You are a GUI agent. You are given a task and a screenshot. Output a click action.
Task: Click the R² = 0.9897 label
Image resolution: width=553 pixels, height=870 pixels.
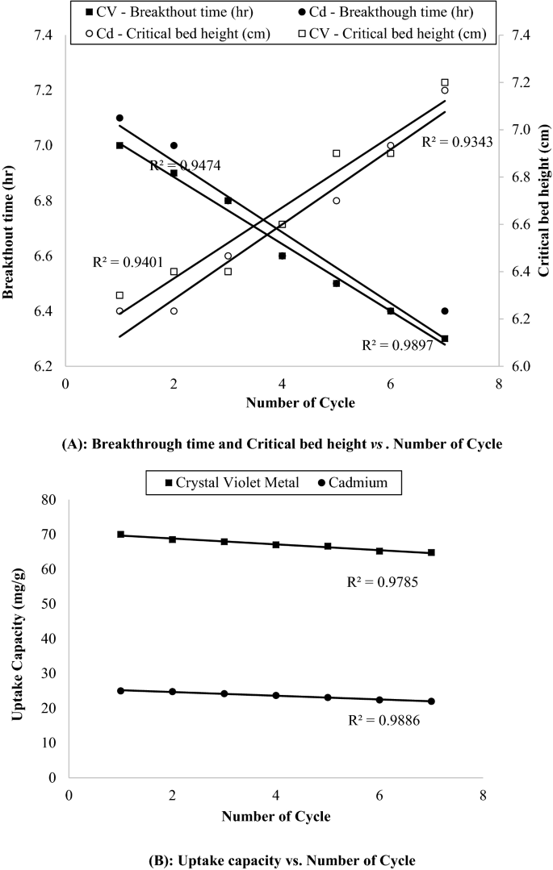(398, 345)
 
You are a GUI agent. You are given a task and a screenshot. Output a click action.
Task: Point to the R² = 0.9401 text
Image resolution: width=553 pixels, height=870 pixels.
(129, 262)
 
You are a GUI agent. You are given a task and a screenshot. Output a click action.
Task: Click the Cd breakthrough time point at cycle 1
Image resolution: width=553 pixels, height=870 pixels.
(119, 118)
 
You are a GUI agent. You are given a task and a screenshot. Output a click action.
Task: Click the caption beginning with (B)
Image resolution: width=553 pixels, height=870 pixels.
(276, 860)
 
